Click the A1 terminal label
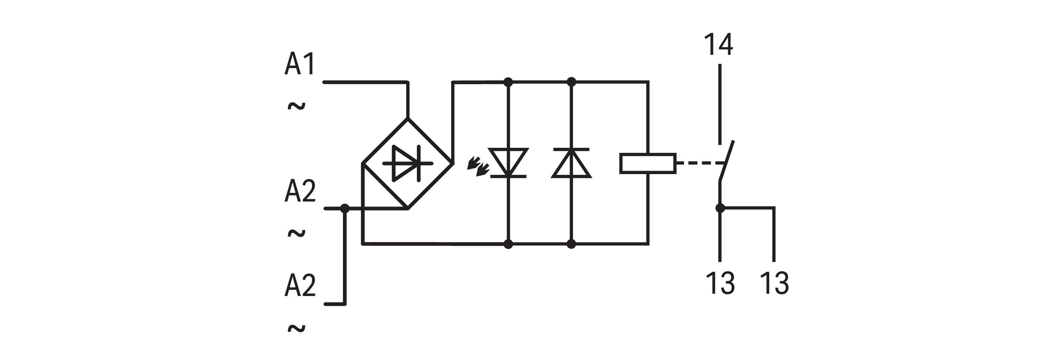[300, 64]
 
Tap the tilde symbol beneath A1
[296, 106]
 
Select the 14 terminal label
[719, 45]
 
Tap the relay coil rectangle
[648, 163]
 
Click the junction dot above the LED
[508, 82]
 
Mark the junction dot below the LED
[508, 244]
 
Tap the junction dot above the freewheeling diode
[571, 82]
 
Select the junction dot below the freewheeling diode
[571, 244]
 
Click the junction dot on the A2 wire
[345, 209]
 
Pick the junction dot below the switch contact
[720, 208]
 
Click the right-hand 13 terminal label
[774, 283]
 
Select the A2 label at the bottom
[300, 285]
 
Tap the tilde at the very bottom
[296, 329]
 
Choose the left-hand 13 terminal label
[720, 283]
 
